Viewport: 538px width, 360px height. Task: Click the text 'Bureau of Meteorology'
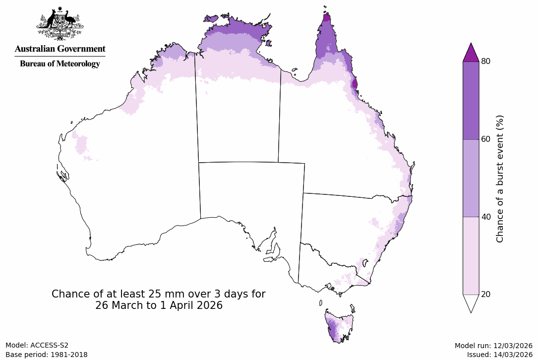[60, 63]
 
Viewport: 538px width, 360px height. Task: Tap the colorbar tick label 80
[486, 61]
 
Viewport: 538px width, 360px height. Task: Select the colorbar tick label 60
[486, 139]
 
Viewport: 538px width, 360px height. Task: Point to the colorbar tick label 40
[486, 217]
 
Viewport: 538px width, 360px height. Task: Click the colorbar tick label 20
[486, 295]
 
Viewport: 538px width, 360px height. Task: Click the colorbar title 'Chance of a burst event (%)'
[500, 179]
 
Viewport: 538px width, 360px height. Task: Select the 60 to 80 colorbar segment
[471, 100]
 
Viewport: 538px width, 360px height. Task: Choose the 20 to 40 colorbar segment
[471, 256]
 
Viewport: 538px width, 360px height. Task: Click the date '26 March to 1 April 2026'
[159, 306]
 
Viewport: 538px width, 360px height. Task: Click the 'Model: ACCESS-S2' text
[37, 346]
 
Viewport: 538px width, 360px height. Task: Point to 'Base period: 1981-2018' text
[46, 355]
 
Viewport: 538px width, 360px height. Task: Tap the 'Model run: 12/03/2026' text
[493, 346]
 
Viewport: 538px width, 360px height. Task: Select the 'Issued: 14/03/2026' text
[499, 355]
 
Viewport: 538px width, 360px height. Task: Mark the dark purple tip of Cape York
[327, 19]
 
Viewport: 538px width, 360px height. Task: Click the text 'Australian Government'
[60, 49]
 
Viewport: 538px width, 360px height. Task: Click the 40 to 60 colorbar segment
[471, 178]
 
